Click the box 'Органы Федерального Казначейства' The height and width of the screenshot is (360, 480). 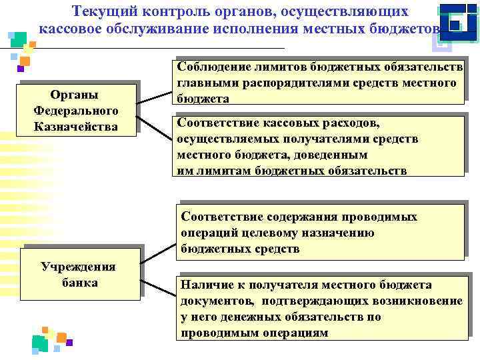point(78,109)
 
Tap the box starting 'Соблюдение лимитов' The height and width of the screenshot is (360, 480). point(319,83)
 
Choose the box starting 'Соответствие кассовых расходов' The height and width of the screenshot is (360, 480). point(319,146)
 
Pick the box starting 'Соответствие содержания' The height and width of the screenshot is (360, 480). point(321,233)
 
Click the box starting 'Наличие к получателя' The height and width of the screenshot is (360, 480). point(321,308)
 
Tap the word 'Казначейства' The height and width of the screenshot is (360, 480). point(77,126)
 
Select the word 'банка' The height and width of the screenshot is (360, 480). point(79,283)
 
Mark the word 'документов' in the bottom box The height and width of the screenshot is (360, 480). point(213,301)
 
